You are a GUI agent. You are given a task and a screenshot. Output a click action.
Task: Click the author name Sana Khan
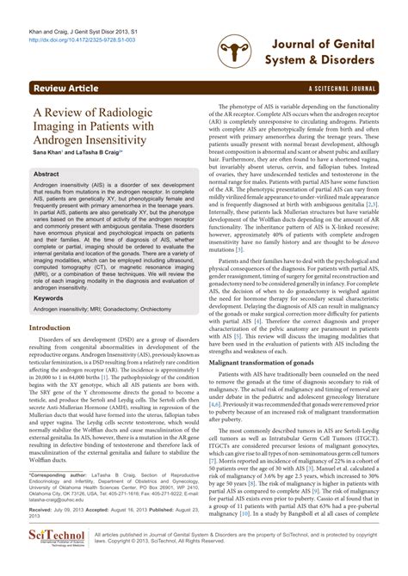click(x=46, y=151)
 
